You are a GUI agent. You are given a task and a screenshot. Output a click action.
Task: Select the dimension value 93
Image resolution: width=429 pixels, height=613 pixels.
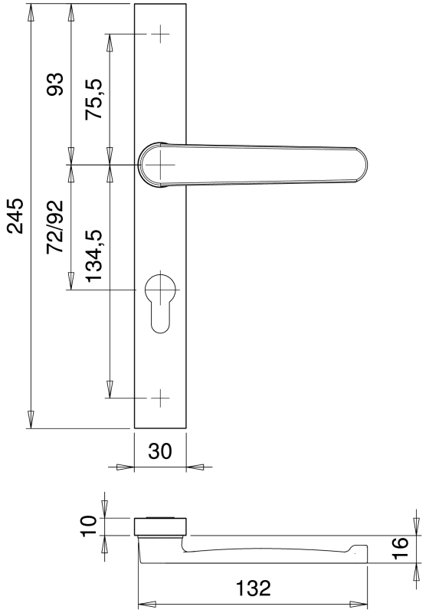pyautogui.click(x=54, y=84)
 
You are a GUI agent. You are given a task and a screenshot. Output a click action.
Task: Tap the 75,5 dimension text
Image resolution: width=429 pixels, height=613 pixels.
pyautogui.click(x=93, y=99)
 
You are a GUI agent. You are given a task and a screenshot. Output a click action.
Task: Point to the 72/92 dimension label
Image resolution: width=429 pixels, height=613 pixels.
pyautogui.click(x=54, y=227)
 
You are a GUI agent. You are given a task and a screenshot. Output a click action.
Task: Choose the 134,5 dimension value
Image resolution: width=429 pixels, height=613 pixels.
pyautogui.click(x=93, y=255)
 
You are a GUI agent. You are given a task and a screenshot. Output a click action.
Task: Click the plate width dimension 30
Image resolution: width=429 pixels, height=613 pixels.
pyautogui.click(x=160, y=451)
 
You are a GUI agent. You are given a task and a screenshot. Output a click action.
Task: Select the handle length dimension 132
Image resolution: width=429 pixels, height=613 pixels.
pyautogui.click(x=253, y=588)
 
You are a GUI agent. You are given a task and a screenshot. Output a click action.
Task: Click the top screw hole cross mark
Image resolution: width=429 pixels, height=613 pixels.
pyautogui.click(x=160, y=34)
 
